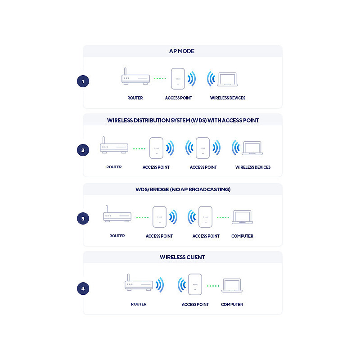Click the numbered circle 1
(83, 81)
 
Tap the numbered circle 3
(83, 219)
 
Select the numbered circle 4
(83, 288)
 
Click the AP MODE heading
(182, 51)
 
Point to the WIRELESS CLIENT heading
(182, 257)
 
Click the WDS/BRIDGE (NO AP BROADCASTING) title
(183, 189)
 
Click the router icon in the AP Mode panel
(135, 76)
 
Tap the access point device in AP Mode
(178, 79)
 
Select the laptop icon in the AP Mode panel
(228, 80)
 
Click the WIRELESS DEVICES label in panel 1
(228, 98)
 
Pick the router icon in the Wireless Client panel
(139, 282)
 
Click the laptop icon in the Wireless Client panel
(232, 286)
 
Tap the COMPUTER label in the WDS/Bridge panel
(242, 236)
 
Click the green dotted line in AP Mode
(160, 78)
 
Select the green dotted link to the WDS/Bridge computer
(223, 217)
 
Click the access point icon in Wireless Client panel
(195, 284)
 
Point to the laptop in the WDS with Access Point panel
(252, 148)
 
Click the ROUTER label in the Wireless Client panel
(139, 304)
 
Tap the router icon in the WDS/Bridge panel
(117, 214)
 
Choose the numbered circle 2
(83, 150)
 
